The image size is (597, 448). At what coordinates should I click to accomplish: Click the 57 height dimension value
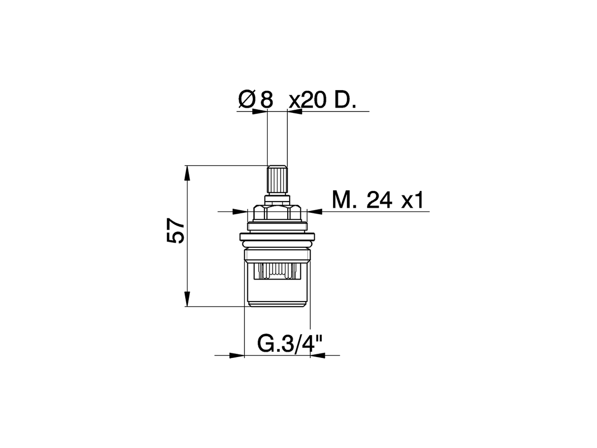coord(176,231)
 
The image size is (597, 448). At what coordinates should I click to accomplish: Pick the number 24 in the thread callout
coord(379,201)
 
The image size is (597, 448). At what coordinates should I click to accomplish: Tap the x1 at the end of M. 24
coord(413,201)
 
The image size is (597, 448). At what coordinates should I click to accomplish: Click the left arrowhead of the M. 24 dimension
coord(240,212)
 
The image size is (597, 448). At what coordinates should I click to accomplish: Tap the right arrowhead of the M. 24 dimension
coord(314,212)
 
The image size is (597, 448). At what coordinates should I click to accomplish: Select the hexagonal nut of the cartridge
coord(277,214)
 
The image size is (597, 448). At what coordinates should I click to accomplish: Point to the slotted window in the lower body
coord(277,271)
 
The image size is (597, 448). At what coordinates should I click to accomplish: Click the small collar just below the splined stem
coord(277,199)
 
